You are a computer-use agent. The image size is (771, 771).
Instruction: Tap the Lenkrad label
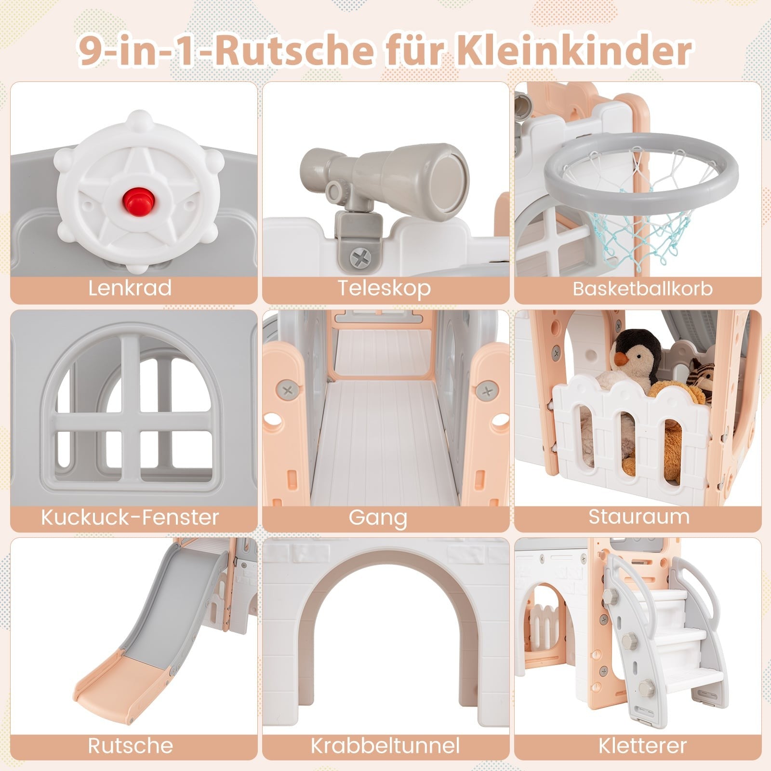(130, 288)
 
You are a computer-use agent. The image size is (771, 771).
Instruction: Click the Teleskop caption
(384, 288)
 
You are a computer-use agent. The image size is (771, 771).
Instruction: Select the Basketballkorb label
(642, 289)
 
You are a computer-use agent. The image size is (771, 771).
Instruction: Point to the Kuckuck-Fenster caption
(130, 517)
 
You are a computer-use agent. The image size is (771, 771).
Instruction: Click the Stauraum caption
(639, 517)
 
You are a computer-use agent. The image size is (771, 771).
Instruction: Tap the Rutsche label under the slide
(130, 745)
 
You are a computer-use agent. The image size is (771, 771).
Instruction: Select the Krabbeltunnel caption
(385, 745)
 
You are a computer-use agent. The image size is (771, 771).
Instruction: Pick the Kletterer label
(643, 745)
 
